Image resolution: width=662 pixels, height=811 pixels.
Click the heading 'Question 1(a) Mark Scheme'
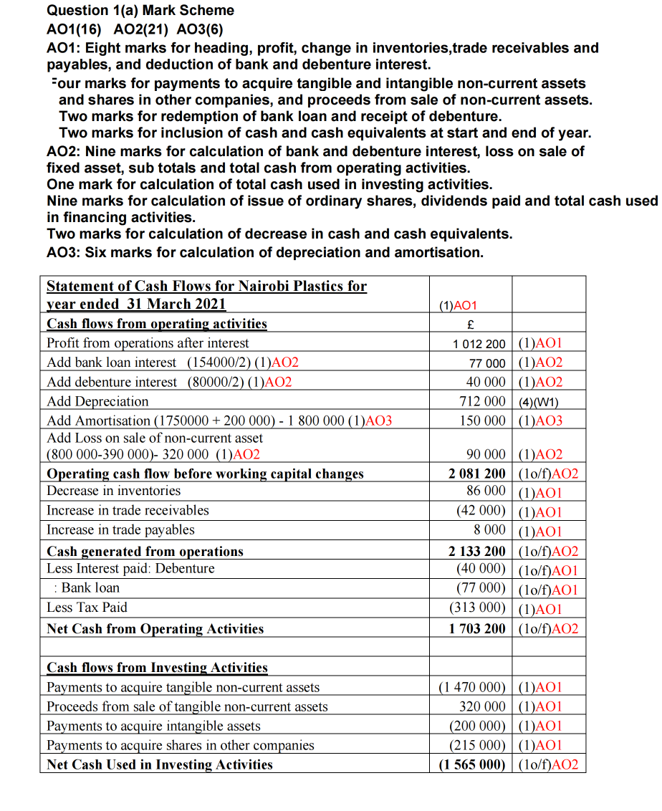(140, 10)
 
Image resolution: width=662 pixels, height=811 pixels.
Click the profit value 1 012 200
(479, 344)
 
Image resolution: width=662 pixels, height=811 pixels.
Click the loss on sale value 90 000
(485, 454)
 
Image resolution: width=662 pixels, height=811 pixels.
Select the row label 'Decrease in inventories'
(113, 491)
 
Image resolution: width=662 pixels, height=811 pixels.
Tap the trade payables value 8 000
(489, 531)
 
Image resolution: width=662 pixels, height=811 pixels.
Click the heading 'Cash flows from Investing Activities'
(157, 668)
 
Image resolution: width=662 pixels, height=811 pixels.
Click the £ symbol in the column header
(472, 324)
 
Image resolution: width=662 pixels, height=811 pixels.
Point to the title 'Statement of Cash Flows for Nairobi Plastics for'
(206, 287)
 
